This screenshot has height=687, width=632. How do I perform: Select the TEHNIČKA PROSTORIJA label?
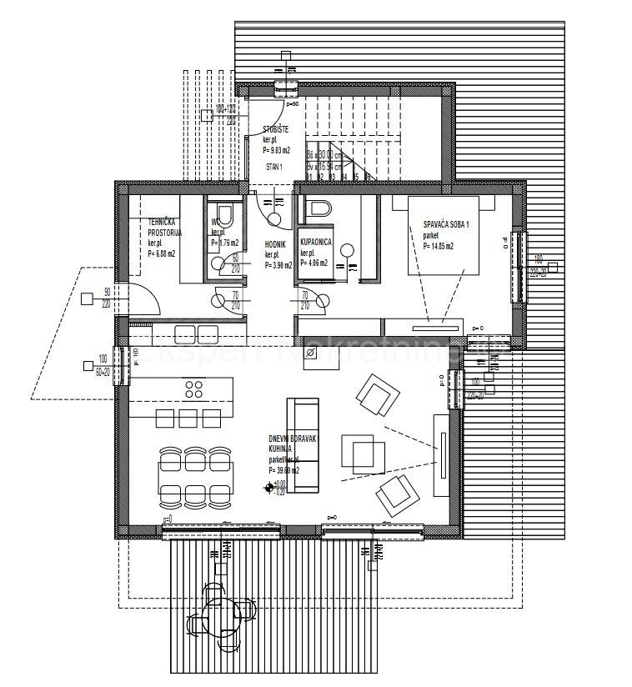164,228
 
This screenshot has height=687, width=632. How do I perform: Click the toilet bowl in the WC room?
221,211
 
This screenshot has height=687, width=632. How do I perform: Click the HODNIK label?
276,245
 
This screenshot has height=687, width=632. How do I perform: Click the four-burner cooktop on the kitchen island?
195,389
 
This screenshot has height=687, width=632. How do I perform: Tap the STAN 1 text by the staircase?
274,167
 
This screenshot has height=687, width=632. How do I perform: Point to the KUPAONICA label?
317,241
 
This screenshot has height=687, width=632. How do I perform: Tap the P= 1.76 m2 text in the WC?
224,243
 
